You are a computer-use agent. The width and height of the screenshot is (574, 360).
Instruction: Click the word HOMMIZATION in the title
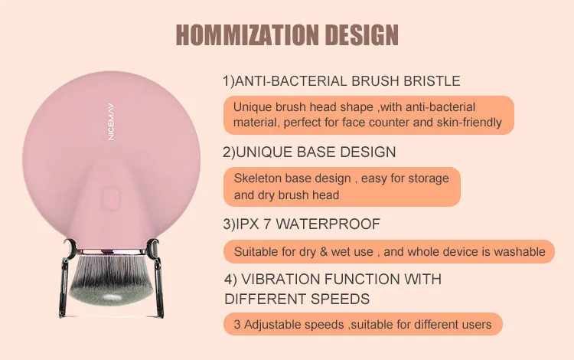pos(247,35)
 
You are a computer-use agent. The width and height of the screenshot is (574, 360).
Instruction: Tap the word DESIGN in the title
pos(362,35)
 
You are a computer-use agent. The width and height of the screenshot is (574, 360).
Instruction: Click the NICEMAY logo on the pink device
pos(111,122)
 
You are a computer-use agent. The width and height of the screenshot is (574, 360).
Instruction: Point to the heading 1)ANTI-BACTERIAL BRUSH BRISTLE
pos(341,81)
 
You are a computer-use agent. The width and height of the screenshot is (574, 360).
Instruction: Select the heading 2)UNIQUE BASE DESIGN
pos(309,152)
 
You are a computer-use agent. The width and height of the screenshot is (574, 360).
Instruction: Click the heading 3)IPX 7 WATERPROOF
pos(302,224)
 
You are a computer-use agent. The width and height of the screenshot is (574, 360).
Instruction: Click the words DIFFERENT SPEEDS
pos(297,299)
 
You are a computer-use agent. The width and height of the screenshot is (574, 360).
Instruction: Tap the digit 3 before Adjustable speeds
pos(237,325)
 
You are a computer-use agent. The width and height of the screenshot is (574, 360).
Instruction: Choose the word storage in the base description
pos(429,178)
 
